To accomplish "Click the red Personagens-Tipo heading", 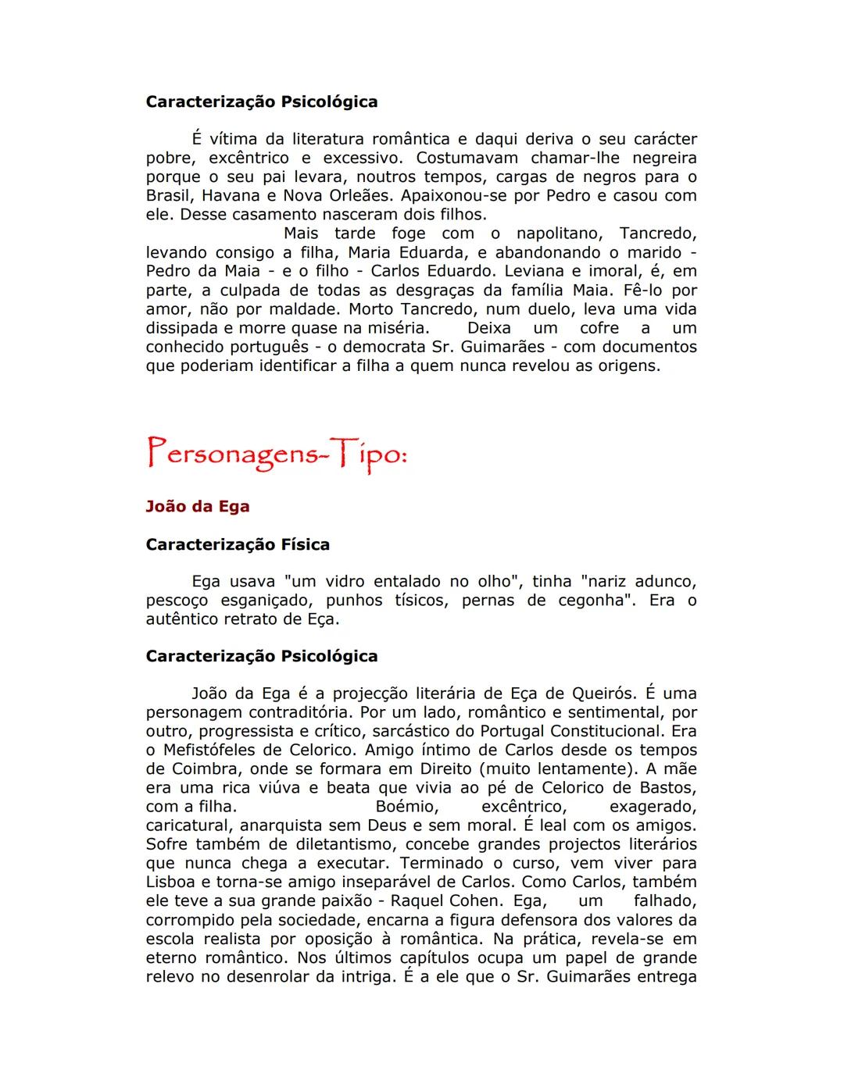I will point(277,454).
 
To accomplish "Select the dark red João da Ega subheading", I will point(197,506).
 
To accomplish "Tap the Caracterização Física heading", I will point(238,544).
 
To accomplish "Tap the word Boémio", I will point(407,807).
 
